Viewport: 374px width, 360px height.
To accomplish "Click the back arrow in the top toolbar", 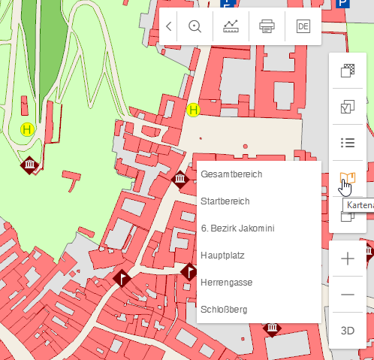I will [169, 26].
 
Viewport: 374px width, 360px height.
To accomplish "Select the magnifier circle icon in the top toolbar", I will [195, 26].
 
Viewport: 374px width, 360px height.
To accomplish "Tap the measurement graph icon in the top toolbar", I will [231, 26].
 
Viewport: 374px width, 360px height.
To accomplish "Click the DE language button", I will [303, 26].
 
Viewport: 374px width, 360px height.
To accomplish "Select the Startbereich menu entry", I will [225, 201].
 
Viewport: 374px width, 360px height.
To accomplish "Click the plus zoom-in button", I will [348, 259].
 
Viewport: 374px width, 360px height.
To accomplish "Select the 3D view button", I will [348, 331].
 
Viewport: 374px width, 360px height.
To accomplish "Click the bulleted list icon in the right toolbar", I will [348, 143].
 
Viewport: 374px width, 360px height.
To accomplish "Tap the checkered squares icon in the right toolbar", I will [348, 71].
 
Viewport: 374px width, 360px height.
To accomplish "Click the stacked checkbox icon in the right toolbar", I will [348, 107].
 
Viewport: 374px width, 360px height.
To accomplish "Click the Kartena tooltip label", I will [357, 204].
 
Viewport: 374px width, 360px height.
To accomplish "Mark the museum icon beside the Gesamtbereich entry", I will [179, 178].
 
